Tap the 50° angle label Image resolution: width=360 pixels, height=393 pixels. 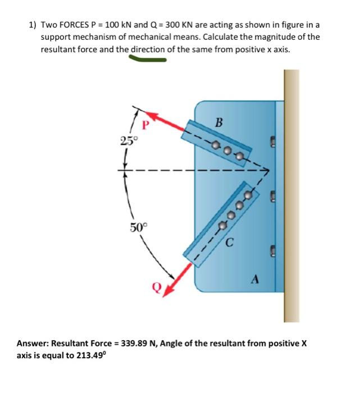[138, 227]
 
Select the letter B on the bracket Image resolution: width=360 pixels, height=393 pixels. [219, 122]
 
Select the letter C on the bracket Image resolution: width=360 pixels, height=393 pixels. [230, 243]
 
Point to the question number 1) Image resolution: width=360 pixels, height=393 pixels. [33, 25]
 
